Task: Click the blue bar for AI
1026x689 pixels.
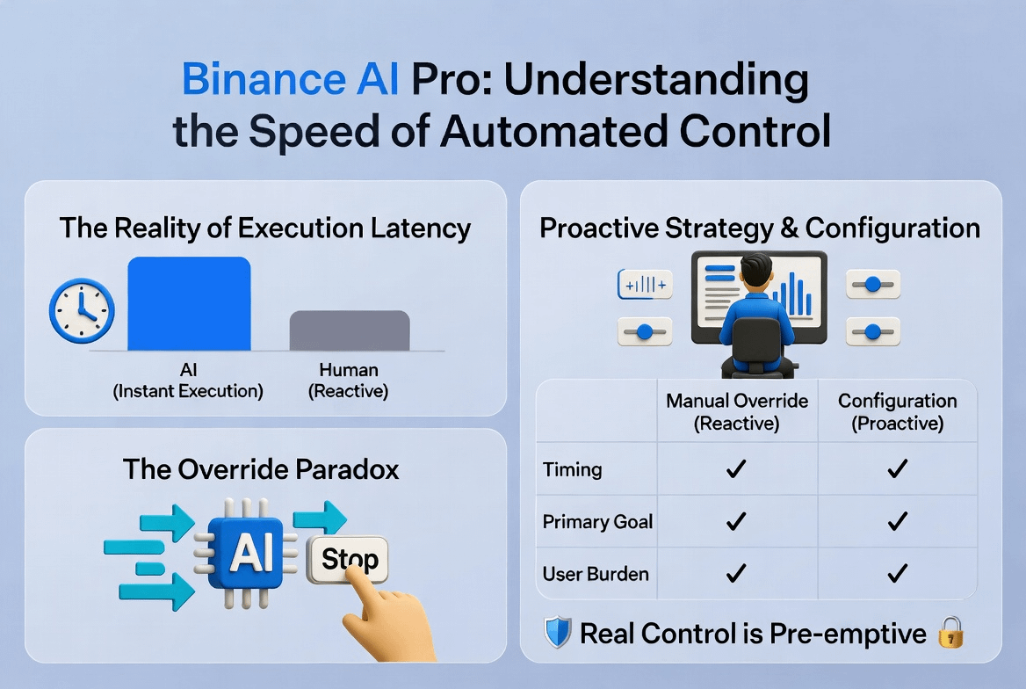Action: click(189, 303)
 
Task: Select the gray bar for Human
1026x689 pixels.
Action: click(350, 330)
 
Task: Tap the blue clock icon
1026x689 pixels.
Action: click(82, 311)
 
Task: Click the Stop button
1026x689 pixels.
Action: click(348, 559)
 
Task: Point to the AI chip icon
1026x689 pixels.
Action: click(246, 554)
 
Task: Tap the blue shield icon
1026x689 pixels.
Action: click(558, 633)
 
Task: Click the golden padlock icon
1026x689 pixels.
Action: click(950, 632)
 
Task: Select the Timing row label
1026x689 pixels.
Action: click(572, 469)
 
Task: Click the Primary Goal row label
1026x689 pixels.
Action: click(597, 521)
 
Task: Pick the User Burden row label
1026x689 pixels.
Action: click(596, 574)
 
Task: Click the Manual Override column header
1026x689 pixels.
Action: click(737, 412)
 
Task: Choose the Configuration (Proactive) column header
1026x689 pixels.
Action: click(898, 412)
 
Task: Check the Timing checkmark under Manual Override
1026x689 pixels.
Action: click(736, 468)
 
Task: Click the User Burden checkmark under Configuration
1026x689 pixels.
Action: click(897, 573)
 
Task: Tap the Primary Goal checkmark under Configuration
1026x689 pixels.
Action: click(897, 520)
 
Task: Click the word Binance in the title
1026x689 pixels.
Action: click(263, 79)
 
